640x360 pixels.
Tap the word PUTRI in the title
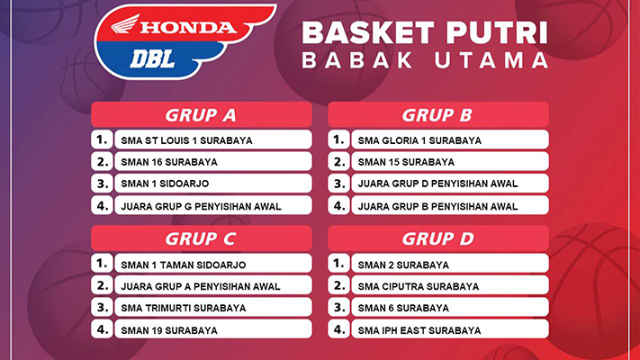pos(497,32)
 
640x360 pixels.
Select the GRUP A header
pos(202,114)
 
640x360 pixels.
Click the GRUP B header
pos(438,114)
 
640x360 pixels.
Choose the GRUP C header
pos(202,238)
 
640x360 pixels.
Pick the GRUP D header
pos(438,238)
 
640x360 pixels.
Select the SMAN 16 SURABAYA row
pos(213,161)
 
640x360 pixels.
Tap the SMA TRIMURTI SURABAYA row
pos(213,307)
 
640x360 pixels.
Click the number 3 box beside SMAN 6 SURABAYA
pos(338,307)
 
